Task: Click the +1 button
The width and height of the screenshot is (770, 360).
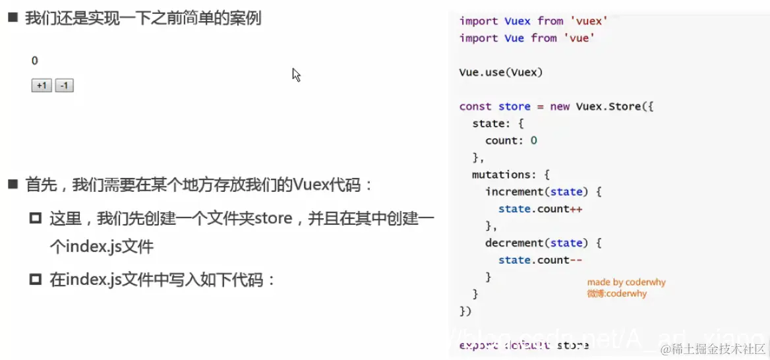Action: (x=42, y=86)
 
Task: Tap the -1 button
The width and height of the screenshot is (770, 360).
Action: (x=65, y=86)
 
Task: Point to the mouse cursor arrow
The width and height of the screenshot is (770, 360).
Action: (x=296, y=75)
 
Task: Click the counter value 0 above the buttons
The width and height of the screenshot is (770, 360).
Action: (x=35, y=61)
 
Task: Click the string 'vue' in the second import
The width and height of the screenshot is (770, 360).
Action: (x=579, y=38)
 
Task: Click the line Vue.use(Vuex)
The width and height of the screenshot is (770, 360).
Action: (x=501, y=73)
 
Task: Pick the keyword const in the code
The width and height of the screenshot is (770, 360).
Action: (x=475, y=106)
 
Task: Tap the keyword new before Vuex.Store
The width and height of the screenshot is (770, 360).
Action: (x=560, y=106)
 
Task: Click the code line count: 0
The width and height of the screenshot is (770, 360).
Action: (x=511, y=140)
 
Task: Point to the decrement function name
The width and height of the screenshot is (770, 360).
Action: (x=511, y=243)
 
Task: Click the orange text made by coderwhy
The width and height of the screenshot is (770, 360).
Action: (x=626, y=282)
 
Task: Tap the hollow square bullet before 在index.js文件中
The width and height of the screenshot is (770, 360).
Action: (x=36, y=280)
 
